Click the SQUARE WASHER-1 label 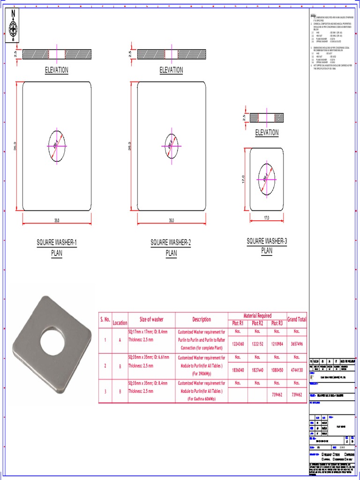tap(57, 243)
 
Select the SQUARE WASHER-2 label tap(171, 243)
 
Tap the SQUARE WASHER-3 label tap(267, 241)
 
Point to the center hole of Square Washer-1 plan tap(57, 146)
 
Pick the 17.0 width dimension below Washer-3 tap(267, 218)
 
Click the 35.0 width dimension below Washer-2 tap(171, 220)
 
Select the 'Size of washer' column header tap(151, 319)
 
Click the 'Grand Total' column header tap(296, 319)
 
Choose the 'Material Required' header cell tap(257, 315)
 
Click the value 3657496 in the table tap(296, 344)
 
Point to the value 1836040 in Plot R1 tap(237, 369)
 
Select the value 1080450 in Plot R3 tap(277, 369)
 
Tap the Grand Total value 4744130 tap(296, 369)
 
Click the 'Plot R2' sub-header tap(257, 323)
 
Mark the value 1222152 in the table tap(257, 344)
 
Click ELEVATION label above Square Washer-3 tap(267, 133)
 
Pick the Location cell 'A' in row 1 tap(120, 340)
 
